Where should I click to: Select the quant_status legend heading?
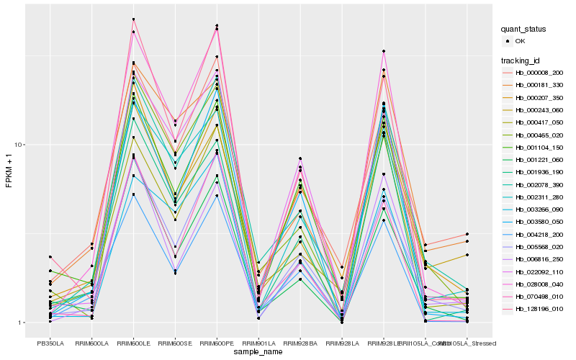point(523,30)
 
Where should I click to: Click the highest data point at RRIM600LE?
point(133,19)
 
